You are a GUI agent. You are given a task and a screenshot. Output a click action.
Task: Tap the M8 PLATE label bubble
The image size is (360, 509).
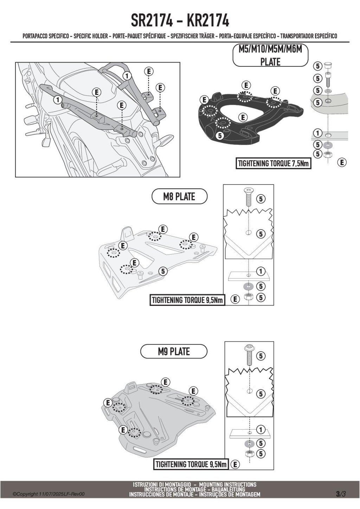[x=179, y=196]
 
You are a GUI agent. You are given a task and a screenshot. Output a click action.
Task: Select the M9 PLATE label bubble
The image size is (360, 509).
[x=174, y=352]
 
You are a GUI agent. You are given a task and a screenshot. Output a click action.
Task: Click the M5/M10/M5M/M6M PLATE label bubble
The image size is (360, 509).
[x=270, y=56]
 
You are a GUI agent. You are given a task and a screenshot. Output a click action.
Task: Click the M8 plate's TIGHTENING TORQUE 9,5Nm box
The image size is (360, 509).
[x=187, y=300]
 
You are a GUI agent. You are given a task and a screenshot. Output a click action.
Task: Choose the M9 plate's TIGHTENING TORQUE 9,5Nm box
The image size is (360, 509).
[x=191, y=464]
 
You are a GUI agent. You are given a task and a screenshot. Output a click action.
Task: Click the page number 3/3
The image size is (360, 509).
[x=341, y=494]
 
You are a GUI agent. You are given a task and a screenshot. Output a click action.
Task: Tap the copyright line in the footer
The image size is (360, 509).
[x=49, y=494]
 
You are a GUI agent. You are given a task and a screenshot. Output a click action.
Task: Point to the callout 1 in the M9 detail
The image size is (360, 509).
[x=261, y=430]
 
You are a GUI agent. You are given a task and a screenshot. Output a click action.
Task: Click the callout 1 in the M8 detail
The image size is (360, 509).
[x=261, y=272]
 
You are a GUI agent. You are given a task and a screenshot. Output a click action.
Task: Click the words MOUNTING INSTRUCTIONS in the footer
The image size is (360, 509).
[x=228, y=485]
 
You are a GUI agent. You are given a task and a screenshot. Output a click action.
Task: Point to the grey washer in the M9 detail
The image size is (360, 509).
[x=249, y=443]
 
